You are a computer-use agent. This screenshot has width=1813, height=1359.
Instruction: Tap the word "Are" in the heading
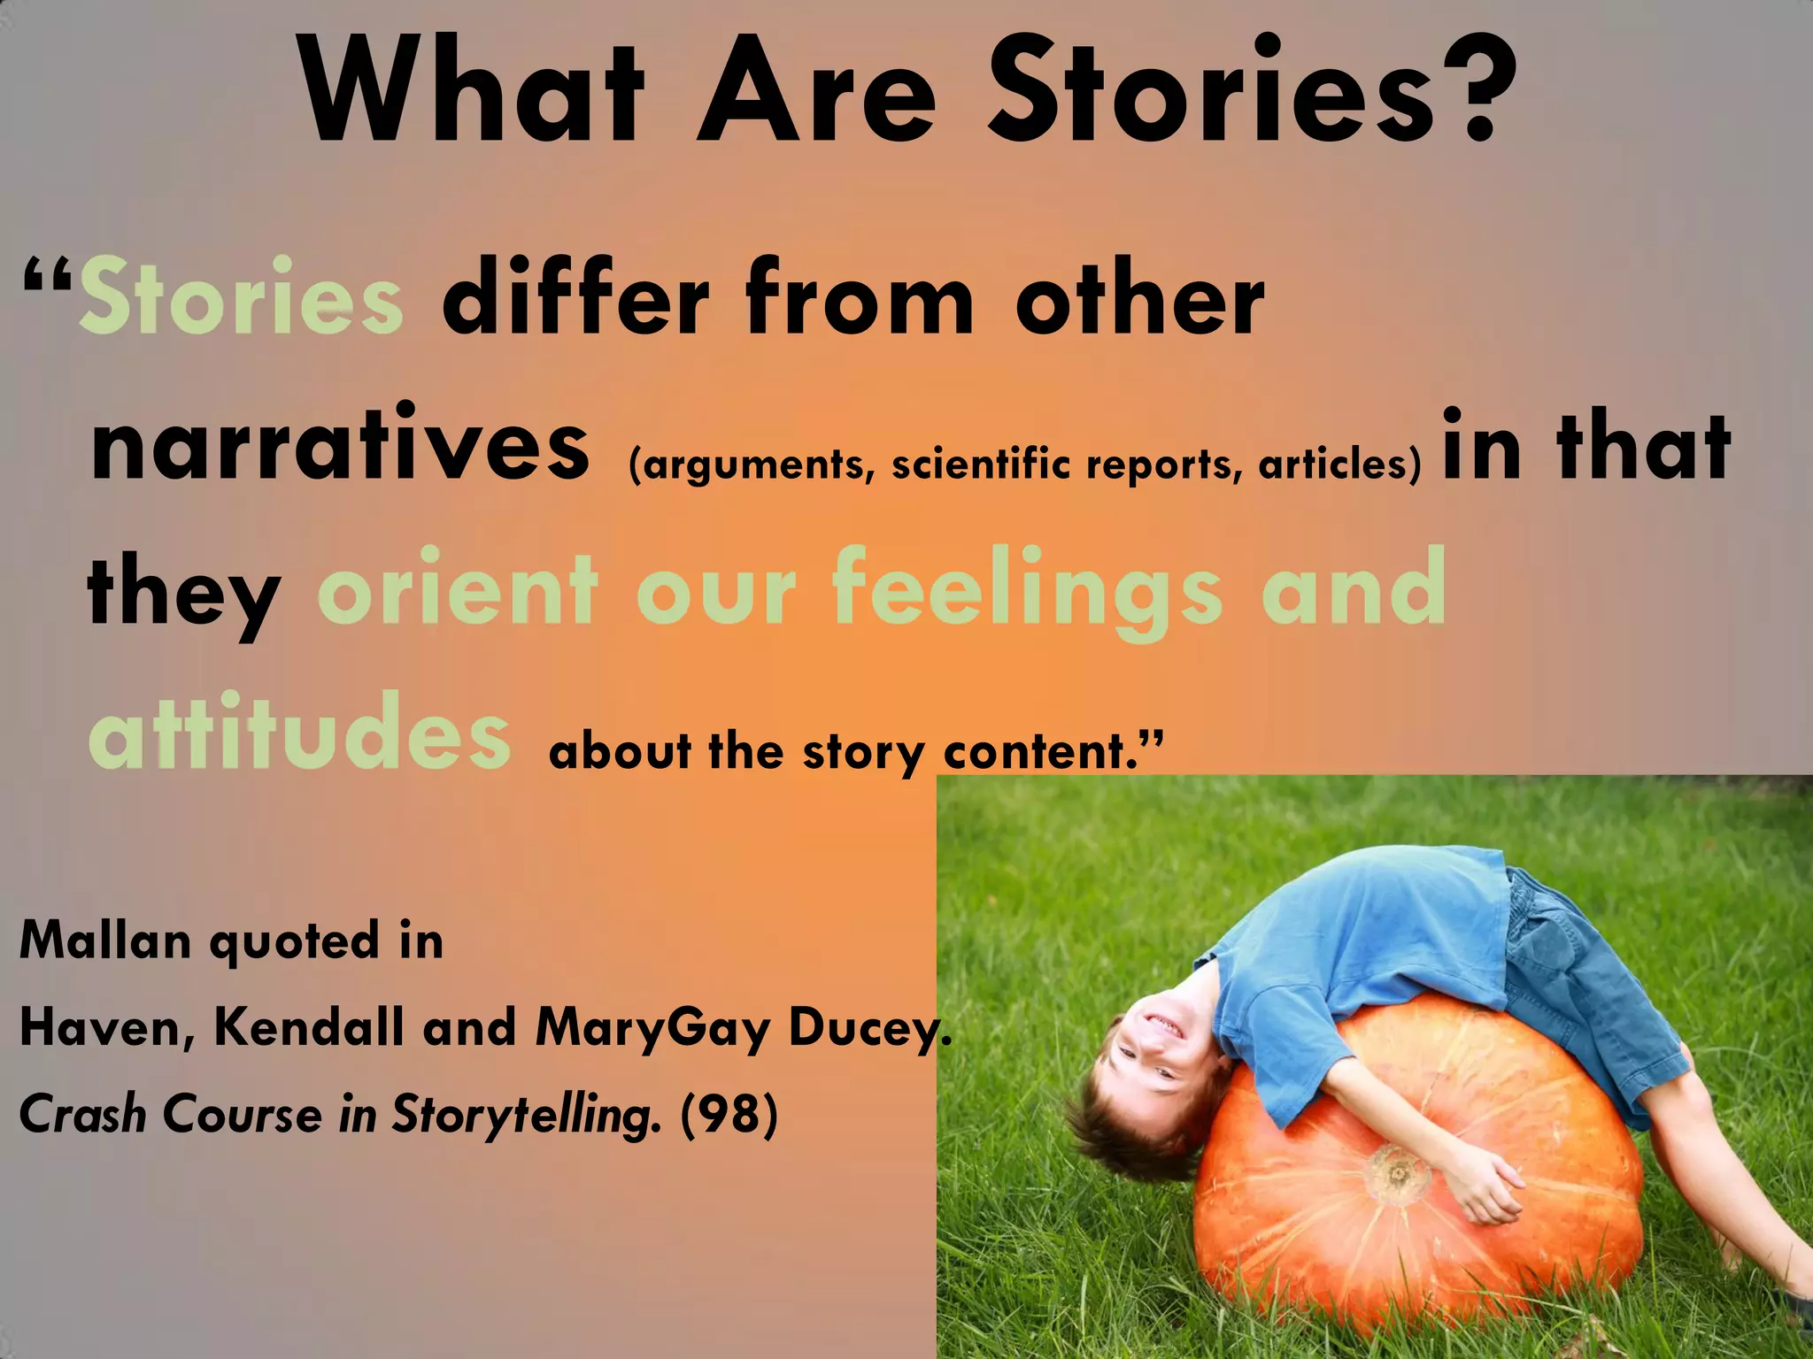[x=817, y=90]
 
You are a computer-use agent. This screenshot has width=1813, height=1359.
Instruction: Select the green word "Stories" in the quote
[x=241, y=297]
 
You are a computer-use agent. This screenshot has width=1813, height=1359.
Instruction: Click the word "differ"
[x=575, y=297]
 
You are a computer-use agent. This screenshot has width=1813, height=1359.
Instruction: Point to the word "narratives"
[x=340, y=444]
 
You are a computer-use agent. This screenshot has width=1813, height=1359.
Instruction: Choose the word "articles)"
[x=1339, y=464]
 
